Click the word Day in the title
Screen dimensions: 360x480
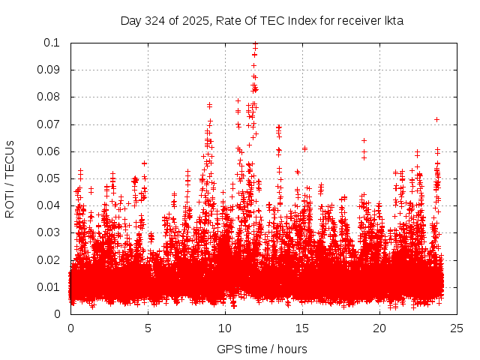pyautogui.click(x=130, y=21)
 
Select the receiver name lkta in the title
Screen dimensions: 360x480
pyautogui.click(x=394, y=21)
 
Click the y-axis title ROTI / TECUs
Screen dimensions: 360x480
pyautogui.click(x=10, y=178)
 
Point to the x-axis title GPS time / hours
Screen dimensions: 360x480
pyautogui.click(x=262, y=349)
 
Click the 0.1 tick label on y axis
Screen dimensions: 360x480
pyautogui.click(x=55, y=43)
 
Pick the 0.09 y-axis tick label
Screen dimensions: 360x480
pyautogui.click(x=52, y=70)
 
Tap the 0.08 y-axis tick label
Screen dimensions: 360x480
pyautogui.click(x=52, y=97)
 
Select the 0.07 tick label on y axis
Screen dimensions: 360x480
pyautogui.click(x=52, y=124)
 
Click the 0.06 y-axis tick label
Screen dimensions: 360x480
pyautogui.click(x=52, y=151)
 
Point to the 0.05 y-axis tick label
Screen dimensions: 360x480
pyautogui.click(x=52, y=178)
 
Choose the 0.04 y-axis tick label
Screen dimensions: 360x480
pyautogui.click(x=52, y=205)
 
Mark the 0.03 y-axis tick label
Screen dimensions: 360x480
pyautogui.click(x=52, y=232)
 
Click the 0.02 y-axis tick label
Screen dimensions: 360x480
pyautogui.click(x=52, y=259)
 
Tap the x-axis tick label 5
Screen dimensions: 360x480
pyautogui.click(x=148, y=328)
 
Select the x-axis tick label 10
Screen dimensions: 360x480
pyautogui.click(x=225, y=328)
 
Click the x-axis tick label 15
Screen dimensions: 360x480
pyautogui.click(x=302, y=328)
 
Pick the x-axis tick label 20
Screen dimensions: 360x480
pyautogui.click(x=379, y=328)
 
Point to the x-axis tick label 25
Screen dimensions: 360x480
pyautogui.click(x=457, y=328)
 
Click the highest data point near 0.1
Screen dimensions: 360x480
pyautogui.click(x=255, y=44)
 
